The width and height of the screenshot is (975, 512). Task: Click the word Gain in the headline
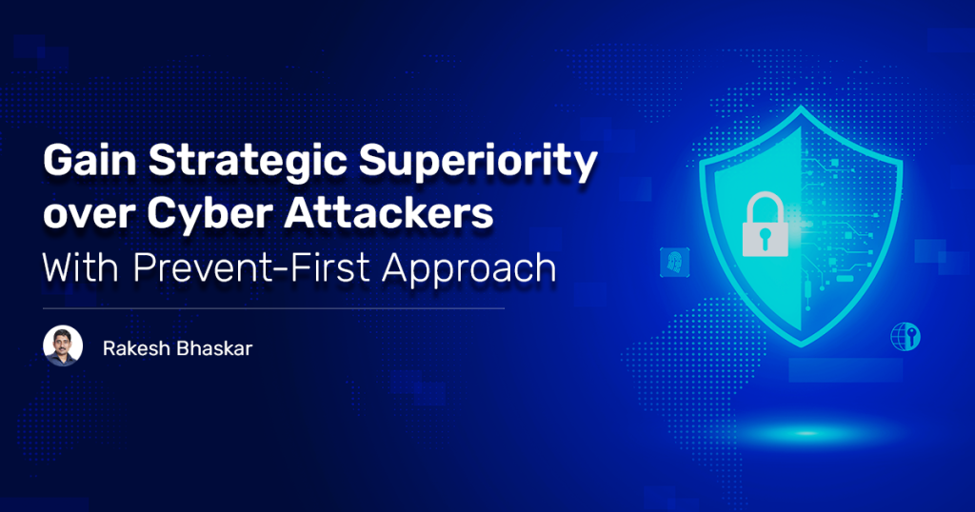(90, 160)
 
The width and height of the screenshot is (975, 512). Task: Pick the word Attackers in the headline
(388, 212)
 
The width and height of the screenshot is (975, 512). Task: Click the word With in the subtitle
(81, 267)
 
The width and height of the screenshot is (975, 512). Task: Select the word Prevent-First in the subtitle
(250, 267)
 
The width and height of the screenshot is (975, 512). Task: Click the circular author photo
(63, 345)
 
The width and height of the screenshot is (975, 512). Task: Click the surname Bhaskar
(214, 348)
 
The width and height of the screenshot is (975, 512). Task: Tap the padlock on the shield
(765, 225)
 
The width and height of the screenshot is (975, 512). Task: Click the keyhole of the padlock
(765, 237)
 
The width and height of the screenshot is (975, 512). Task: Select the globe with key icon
(905, 337)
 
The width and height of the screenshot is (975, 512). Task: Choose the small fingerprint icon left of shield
(675, 262)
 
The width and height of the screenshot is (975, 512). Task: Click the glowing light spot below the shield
(806, 433)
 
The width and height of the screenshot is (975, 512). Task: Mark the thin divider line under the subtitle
(273, 308)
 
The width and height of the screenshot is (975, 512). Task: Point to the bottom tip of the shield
(802, 346)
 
